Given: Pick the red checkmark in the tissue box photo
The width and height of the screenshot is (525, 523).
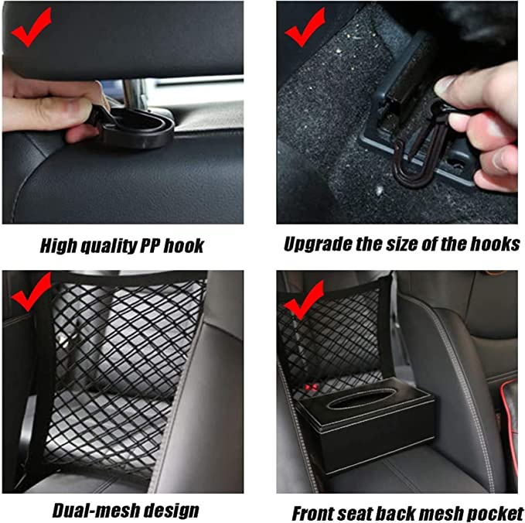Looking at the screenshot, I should (x=304, y=298).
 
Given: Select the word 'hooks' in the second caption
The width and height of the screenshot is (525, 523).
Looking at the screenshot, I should (x=497, y=244).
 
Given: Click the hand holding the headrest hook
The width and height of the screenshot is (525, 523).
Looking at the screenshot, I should (x=46, y=108).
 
